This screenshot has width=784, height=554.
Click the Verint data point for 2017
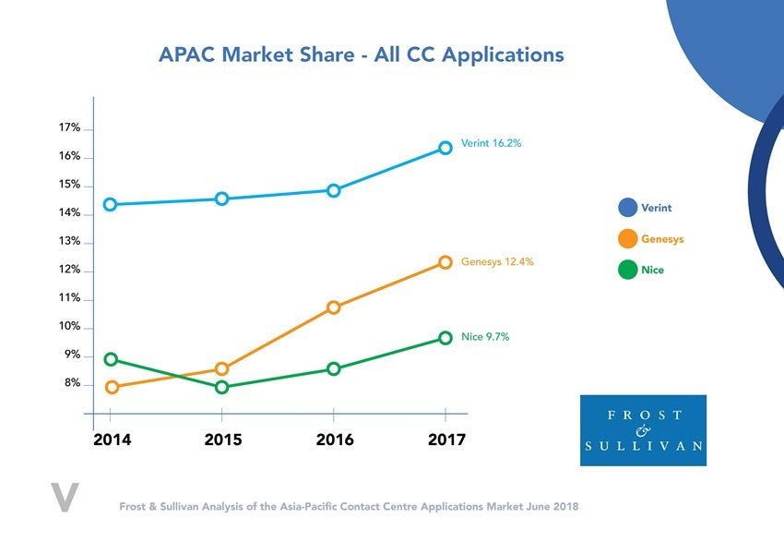445,148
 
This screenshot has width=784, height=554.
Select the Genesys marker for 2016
334,307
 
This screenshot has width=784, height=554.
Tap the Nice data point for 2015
222,387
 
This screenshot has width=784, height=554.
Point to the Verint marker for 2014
111,204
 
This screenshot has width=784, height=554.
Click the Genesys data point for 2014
112,387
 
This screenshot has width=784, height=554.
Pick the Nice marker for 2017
445,338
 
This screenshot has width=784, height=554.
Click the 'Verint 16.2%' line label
492,144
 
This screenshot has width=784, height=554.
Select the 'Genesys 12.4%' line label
497,262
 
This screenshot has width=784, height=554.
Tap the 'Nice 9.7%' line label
485,337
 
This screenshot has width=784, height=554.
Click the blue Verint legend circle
628,208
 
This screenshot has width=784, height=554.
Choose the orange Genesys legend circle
628,239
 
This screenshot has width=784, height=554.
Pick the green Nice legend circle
628,271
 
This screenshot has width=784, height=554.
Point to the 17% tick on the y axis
70,127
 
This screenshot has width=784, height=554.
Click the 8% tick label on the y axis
72,383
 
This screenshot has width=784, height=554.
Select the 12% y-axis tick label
70,270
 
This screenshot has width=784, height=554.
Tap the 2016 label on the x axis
335,440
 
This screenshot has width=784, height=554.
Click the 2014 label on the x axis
112,440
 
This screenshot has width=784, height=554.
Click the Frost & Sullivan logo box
643,430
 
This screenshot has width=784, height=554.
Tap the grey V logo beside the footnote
65,496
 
